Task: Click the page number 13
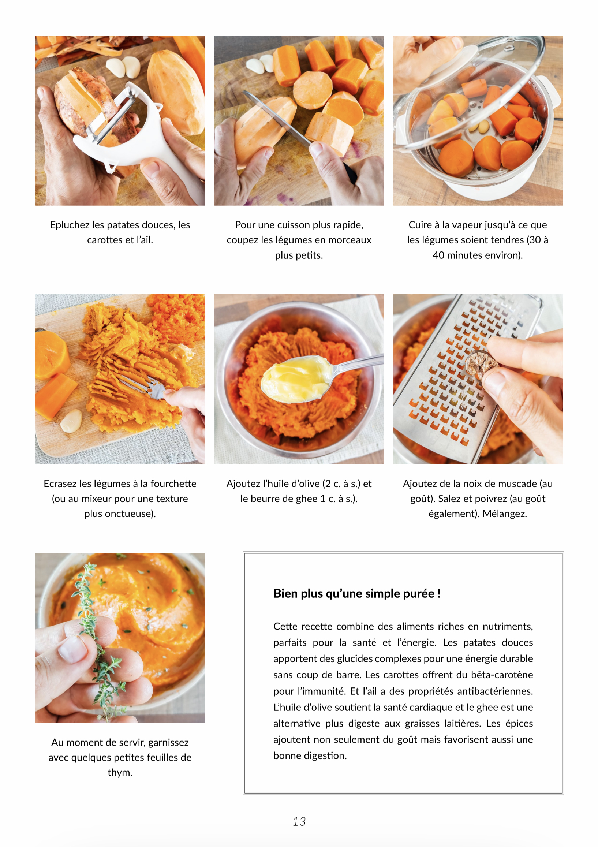pyautogui.click(x=299, y=821)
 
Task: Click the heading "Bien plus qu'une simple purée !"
pyautogui.click(x=357, y=594)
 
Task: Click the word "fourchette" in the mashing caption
pyautogui.click(x=173, y=484)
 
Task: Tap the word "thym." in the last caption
pyautogui.click(x=120, y=772)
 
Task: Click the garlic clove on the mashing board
pyautogui.click(x=71, y=421)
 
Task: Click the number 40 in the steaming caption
pyautogui.click(x=439, y=255)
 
